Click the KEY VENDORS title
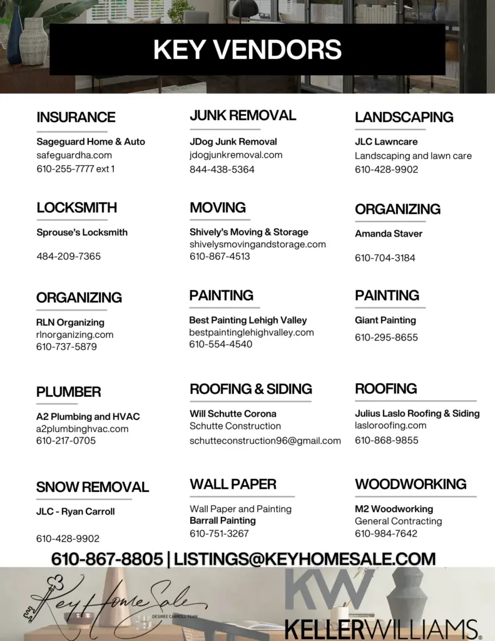point(247,49)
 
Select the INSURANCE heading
point(76,117)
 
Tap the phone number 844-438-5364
point(222,169)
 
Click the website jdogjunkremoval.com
point(236,155)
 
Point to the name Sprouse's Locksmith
point(82,232)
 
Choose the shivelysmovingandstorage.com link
point(258,244)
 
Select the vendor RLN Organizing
point(70,322)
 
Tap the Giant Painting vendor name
point(385,320)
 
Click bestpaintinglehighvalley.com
point(252,332)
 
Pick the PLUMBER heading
point(68,392)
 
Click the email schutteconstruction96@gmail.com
point(265,441)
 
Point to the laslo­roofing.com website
point(390,426)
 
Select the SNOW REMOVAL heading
point(93,487)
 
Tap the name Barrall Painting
point(223,521)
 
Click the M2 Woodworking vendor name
point(394,509)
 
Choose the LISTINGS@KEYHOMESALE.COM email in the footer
point(305,559)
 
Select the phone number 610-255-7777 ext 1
point(76,169)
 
